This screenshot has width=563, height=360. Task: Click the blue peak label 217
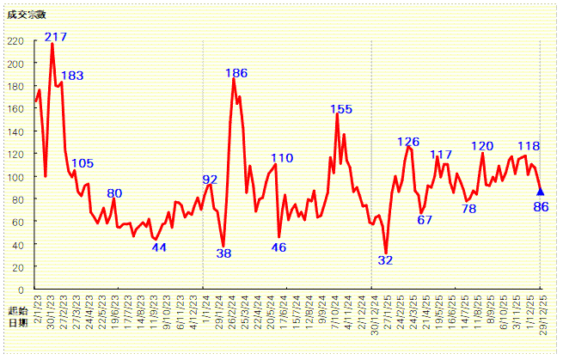click(56, 37)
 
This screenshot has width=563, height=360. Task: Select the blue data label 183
click(72, 76)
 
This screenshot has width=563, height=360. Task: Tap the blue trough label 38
click(223, 253)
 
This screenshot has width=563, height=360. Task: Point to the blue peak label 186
click(236, 73)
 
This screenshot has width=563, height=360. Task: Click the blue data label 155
click(341, 109)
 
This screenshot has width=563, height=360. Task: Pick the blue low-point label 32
click(385, 259)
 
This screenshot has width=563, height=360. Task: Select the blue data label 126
click(408, 142)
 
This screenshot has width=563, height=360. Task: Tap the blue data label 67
click(425, 219)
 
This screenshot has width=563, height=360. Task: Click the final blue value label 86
click(541, 206)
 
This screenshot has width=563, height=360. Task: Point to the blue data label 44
click(159, 247)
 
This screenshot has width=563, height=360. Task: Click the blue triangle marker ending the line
click(541, 192)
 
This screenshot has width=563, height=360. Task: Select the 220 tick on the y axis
click(15, 41)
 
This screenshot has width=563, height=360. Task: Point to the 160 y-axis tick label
click(15, 109)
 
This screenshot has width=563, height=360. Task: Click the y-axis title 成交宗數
click(22, 15)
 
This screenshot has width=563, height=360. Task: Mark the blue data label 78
click(468, 208)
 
